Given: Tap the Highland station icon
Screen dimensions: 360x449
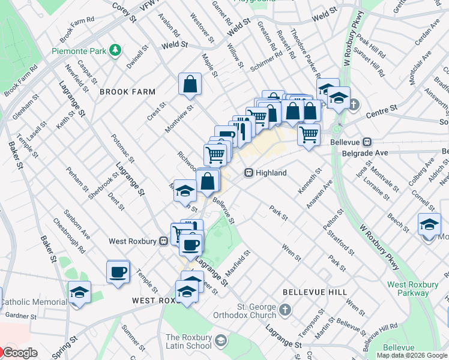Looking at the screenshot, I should coord(248,173).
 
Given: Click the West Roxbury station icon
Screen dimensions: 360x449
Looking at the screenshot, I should coord(163,241).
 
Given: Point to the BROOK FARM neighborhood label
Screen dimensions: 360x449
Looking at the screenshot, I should coord(127,92).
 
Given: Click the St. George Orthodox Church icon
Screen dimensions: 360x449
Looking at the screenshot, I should coord(285,310).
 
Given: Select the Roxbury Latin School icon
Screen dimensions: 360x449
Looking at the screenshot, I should coord(220,341).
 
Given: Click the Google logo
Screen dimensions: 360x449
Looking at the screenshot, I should coord(19,352).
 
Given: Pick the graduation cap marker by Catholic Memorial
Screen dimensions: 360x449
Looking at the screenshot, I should coord(79,292).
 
